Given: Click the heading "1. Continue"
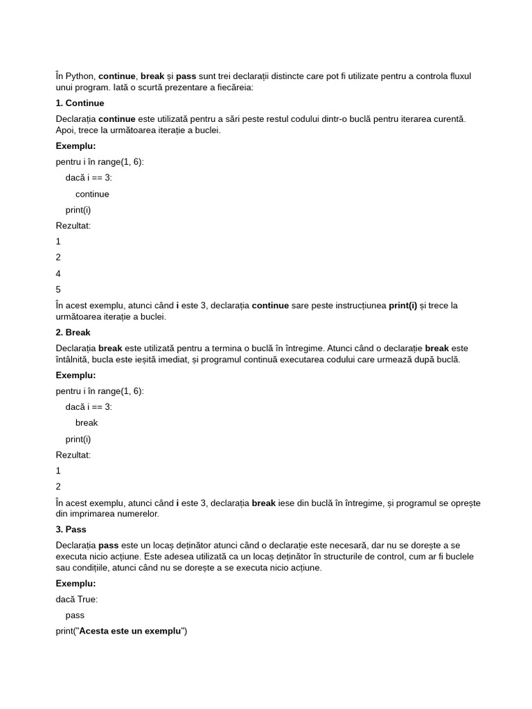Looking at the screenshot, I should point(80,103).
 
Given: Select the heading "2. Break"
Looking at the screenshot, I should point(73,332).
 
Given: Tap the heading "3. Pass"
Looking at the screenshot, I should point(71,530).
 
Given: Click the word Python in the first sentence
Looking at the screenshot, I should point(80,76).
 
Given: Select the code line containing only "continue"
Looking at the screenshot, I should point(92,194).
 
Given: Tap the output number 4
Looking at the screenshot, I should point(58,273).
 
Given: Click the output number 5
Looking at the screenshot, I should point(58,289).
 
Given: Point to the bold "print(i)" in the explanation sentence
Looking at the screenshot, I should point(402,305).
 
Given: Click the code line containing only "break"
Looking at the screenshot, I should point(87,422).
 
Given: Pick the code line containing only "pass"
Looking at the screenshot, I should point(75,615).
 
